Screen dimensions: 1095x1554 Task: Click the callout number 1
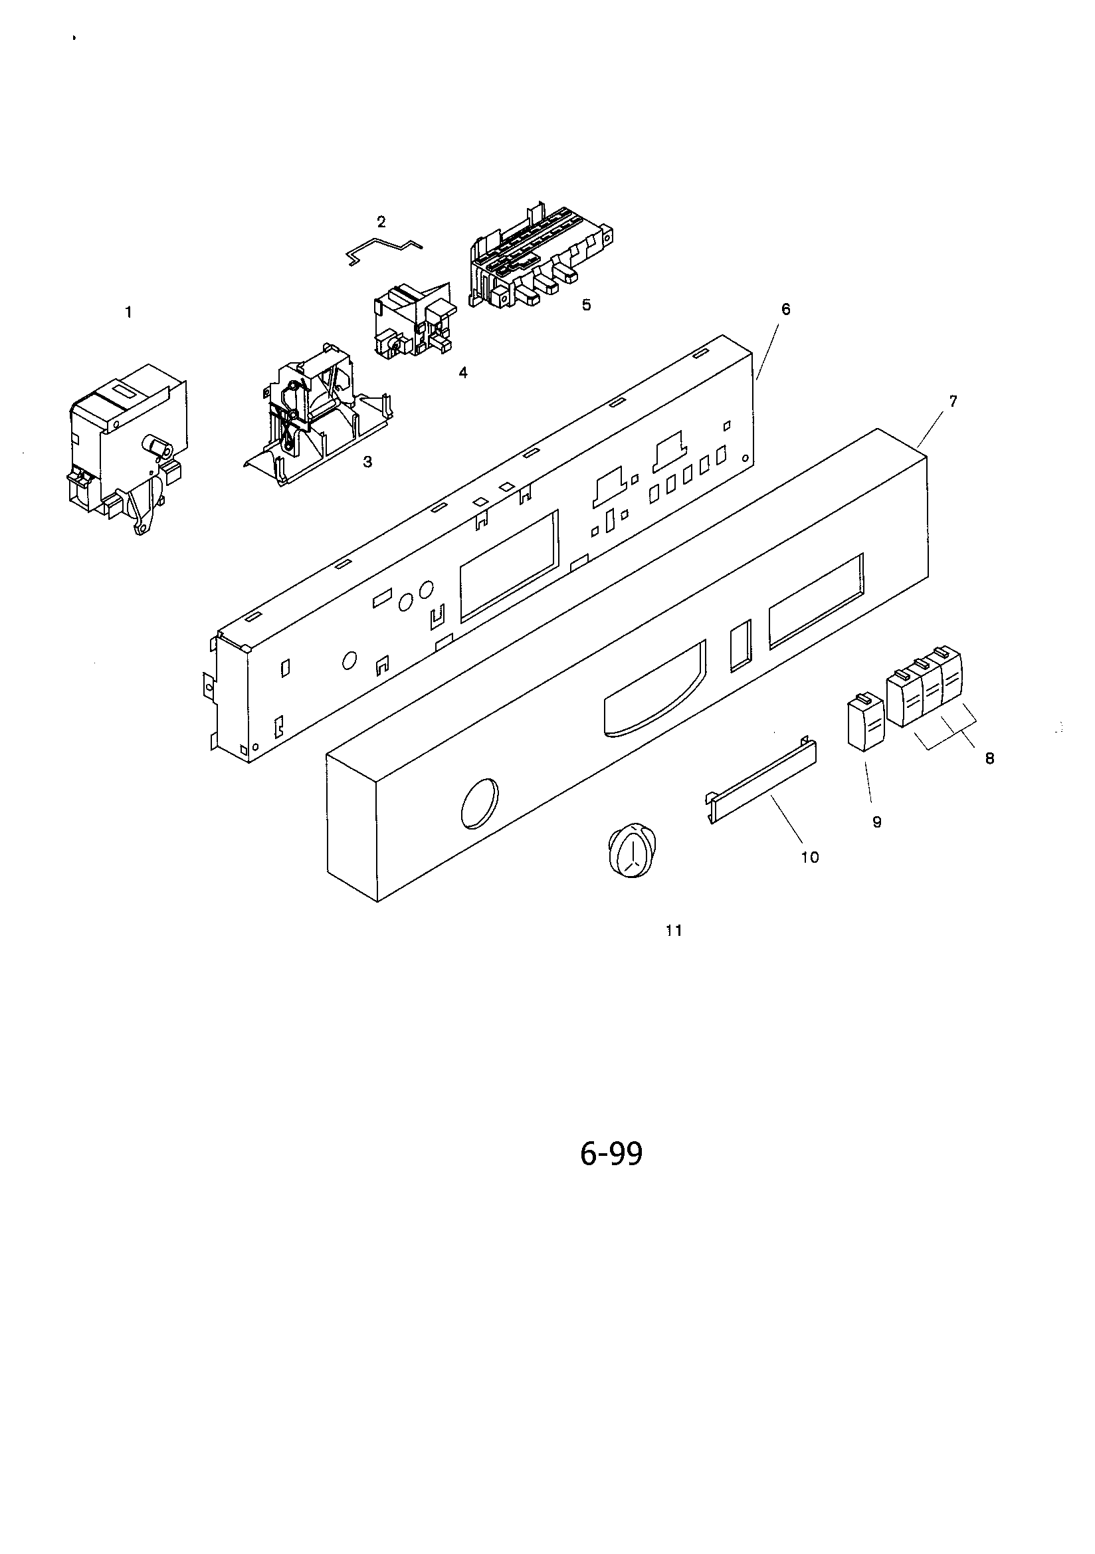pyautogui.click(x=128, y=312)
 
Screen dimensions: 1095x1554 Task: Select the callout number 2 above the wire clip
pyautogui.click(x=381, y=221)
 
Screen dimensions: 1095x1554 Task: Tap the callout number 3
pyautogui.click(x=367, y=462)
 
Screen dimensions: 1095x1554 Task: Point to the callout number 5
pyautogui.click(x=586, y=304)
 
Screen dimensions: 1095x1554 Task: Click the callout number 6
pyautogui.click(x=786, y=309)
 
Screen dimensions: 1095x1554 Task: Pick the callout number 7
pyautogui.click(x=953, y=401)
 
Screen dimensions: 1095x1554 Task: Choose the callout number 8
pyautogui.click(x=989, y=759)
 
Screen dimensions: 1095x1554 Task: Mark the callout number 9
pyautogui.click(x=877, y=822)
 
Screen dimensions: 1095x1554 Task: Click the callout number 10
pyautogui.click(x=810, y=857)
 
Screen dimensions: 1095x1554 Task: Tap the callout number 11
pyautogui.click(x=674, y=931)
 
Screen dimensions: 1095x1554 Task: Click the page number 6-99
pyautogui.click(x=611, y=1154)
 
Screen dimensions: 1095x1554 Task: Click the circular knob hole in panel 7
pyautogui.click(x=479, y=803)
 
